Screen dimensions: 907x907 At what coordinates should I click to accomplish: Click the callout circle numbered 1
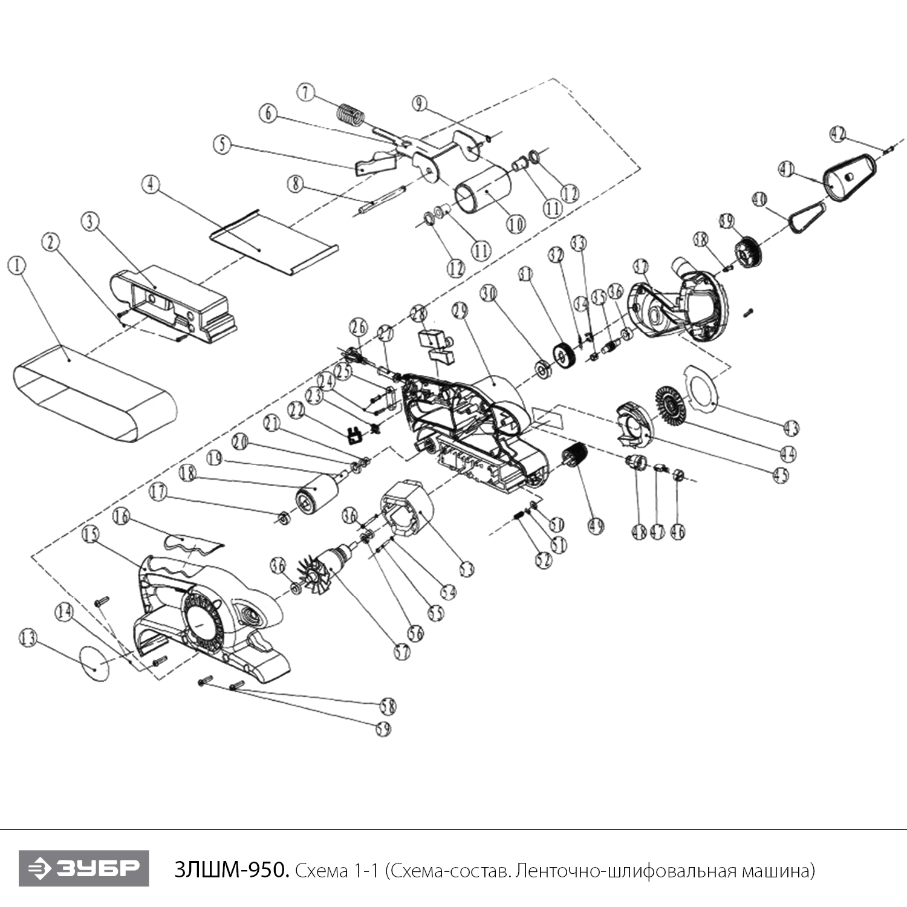pyautogui.click(x=17, y=265)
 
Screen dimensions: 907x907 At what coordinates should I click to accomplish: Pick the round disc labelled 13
pyautogui.click(x=96, y=663)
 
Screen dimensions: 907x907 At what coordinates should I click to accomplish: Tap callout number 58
pyautogui.click(x=388, y=706)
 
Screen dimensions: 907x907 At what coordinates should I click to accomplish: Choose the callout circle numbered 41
pyautogui.click(x=786, y=170)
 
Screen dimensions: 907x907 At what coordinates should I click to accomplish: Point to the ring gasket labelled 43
pyautogui.click(x=701, y=387)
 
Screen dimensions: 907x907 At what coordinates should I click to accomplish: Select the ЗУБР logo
pyautogui.click(x=83, y=868)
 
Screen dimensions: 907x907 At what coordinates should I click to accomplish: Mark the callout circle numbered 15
pyautogui.click(x=91, y=535)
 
